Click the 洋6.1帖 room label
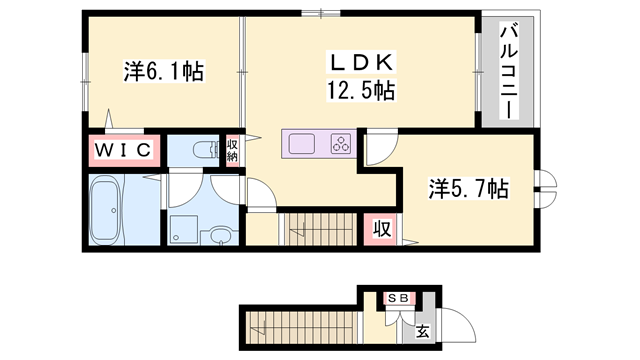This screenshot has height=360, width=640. coord(164,71)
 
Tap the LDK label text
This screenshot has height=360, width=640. coord(358,62)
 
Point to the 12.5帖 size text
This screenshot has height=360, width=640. coord(358,92)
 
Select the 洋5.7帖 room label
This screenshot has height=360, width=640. coord(468,187)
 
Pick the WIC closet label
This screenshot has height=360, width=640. coord(124,150)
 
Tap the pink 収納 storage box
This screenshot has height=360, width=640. coord(232,151)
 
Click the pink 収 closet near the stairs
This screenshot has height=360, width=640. coord(382,227)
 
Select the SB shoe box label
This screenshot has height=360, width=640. coord(398,298)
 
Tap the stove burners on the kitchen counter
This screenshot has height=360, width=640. coord(341,144)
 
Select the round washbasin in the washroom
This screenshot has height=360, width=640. coord(219,237)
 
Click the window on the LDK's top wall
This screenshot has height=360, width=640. coord(322,13)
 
